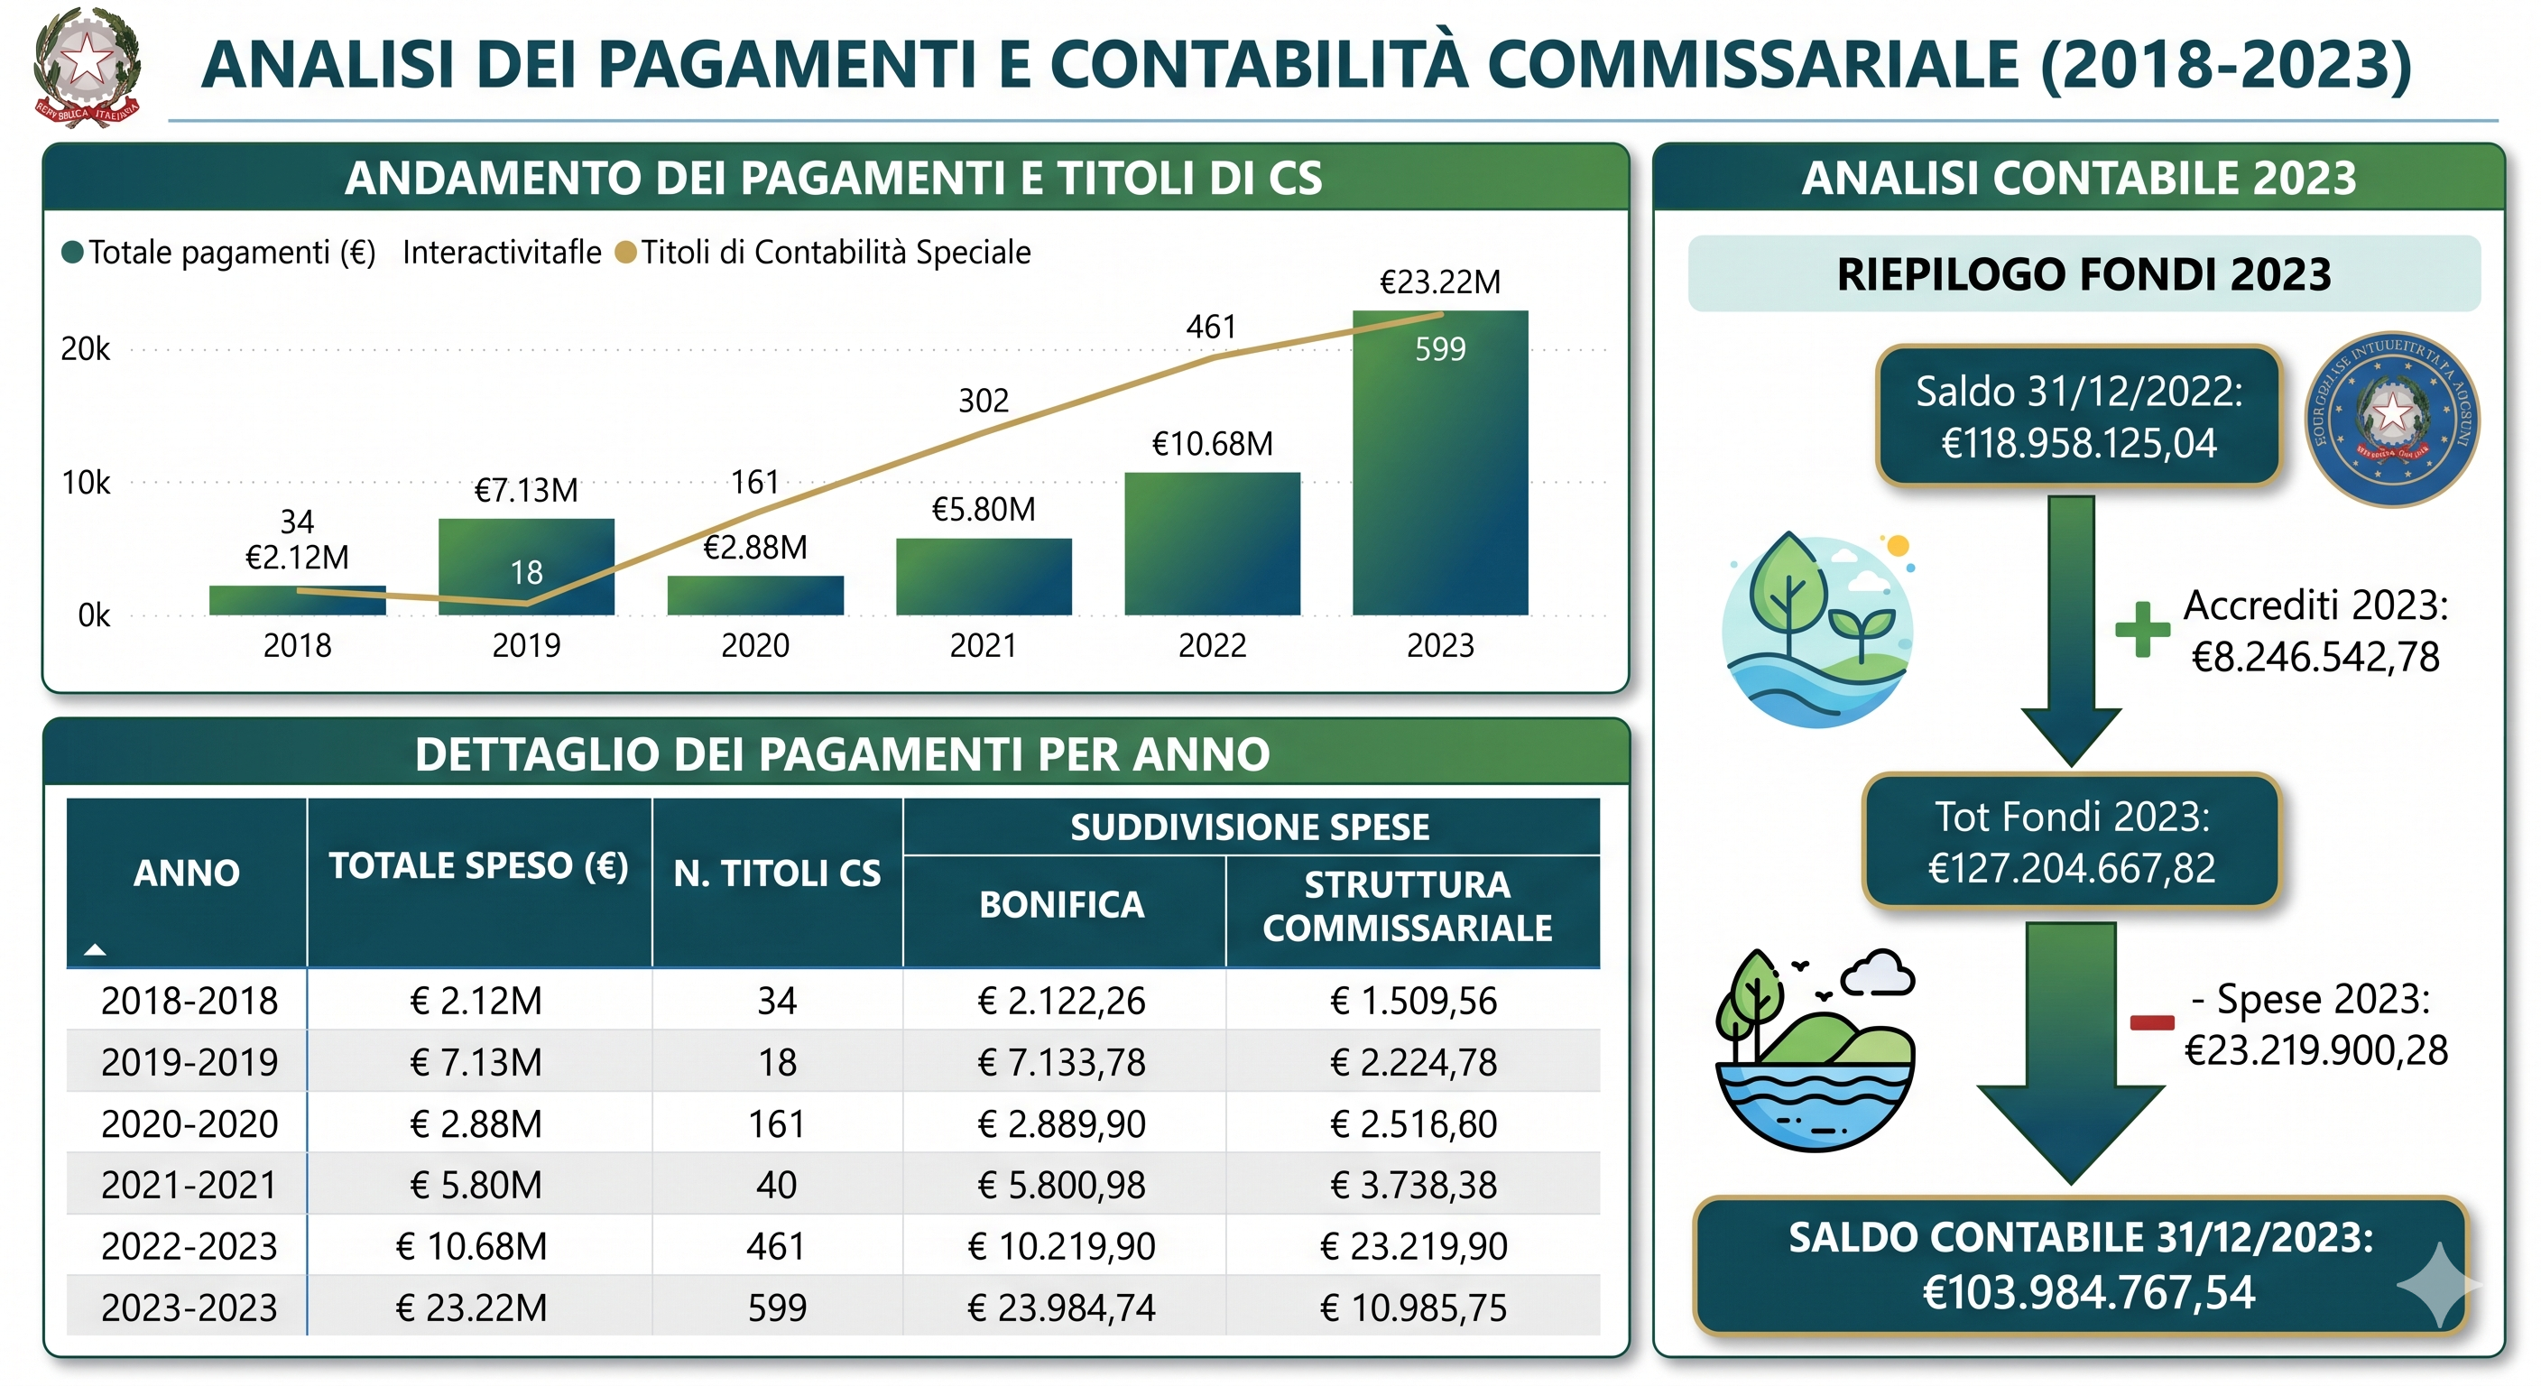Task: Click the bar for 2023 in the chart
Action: click(x=1439, y=464)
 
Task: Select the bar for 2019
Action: click(x=526, y=567)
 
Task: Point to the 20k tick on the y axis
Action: click(x=86, y=349)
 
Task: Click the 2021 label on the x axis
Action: click(x=983, y=645)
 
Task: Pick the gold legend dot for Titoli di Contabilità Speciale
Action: click(x=624, y=253)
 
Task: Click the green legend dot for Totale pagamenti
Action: click(x=72, y=253)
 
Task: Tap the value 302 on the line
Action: click(x=983, y=401)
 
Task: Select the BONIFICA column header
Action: click(x=1061, y=904)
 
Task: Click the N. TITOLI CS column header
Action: click(x=776, y=873)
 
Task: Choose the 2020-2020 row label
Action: click(x=189, y=1123)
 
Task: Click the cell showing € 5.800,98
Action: click(x=1061, y=1185)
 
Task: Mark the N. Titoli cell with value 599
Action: click(x=776, y=1307)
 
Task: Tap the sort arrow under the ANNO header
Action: click(x=95, y=950)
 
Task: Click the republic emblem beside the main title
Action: click(x=87, y=67)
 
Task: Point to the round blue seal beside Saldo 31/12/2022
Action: click(x=2391, y=419)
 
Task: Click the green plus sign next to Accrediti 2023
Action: click(x=2141, y=629)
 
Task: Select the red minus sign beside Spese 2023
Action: click(x=2151, y=1022)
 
